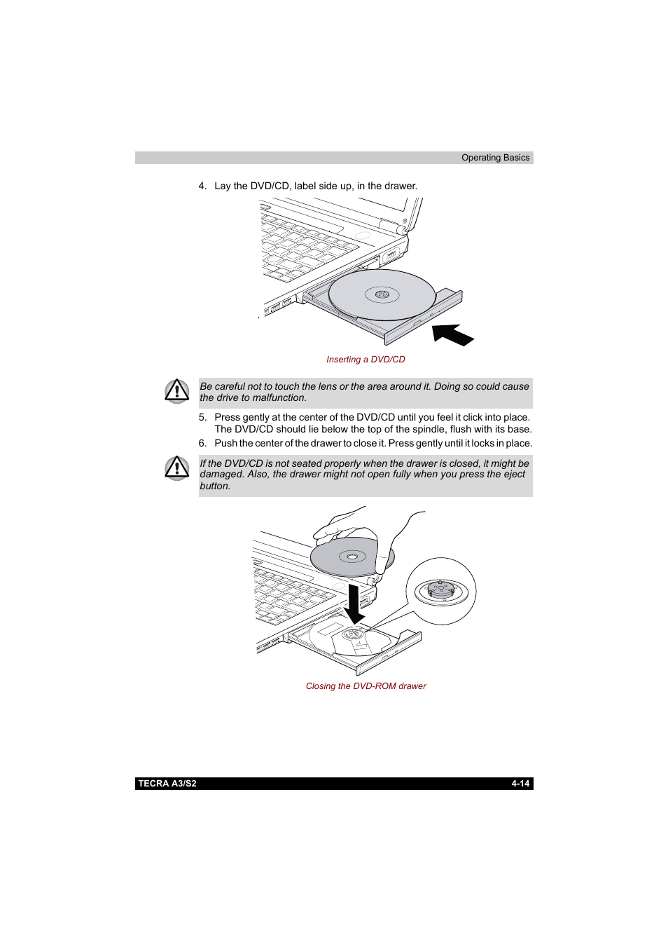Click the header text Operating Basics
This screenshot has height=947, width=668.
495,158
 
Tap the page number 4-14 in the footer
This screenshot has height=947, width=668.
520,784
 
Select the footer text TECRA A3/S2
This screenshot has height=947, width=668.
167,784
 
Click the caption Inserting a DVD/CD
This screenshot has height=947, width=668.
366,360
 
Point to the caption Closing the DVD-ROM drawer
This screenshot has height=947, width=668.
366,686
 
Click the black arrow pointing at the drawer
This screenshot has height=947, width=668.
452,334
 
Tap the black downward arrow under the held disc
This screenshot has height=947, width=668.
354,604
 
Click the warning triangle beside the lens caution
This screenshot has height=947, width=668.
177,390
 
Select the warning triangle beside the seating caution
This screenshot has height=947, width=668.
177,468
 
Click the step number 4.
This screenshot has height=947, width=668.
202,186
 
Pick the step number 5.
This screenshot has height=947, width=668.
202,418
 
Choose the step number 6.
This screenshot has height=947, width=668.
202,444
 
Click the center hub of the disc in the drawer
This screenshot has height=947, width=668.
382,294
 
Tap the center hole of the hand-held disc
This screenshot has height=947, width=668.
352,557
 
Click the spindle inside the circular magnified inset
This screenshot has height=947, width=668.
441,590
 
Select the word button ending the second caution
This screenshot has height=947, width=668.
214,486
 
